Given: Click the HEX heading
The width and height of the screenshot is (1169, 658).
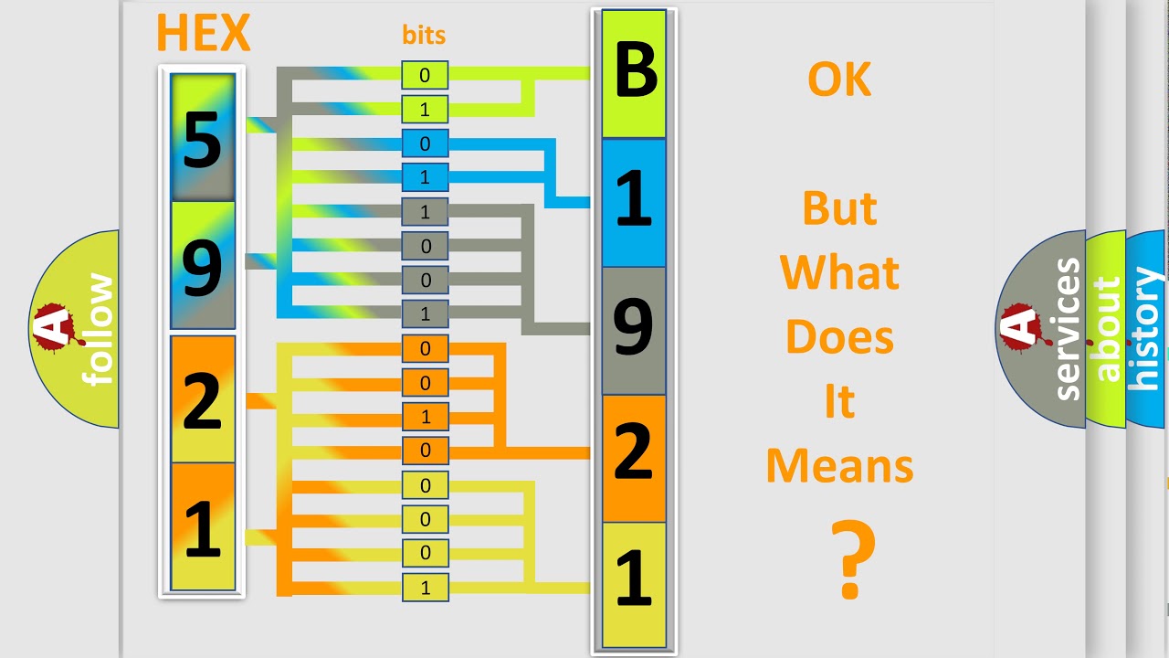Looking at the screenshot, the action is (204, 32).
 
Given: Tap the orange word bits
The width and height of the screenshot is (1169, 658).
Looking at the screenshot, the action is (424, 35).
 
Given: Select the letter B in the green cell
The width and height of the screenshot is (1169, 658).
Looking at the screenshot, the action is (635, 70).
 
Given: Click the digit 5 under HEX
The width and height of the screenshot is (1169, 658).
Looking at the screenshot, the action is (203, 140).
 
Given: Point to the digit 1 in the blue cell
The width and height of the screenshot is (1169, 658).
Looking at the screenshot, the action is (634, 199).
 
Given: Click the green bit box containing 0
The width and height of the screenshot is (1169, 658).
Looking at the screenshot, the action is (425, 75).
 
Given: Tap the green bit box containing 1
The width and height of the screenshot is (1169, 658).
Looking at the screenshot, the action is (425, 109).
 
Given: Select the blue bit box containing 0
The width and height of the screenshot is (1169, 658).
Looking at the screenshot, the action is (425, 143).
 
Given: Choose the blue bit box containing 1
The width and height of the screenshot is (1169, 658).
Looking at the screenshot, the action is (425, 177).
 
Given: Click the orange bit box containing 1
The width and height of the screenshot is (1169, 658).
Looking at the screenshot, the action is (425, 417).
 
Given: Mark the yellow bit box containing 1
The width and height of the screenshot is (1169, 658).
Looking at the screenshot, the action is (425, 588).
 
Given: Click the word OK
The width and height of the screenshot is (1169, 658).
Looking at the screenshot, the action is (839, 80).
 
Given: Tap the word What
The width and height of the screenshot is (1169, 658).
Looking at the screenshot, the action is (839, 272).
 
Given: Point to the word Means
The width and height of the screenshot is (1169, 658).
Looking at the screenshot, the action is (839, 466).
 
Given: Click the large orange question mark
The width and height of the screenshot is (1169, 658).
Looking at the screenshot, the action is (853, 558).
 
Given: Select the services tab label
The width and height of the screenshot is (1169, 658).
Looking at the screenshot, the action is (1068, 329).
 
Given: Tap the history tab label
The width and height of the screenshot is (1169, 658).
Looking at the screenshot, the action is (1146, 329).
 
